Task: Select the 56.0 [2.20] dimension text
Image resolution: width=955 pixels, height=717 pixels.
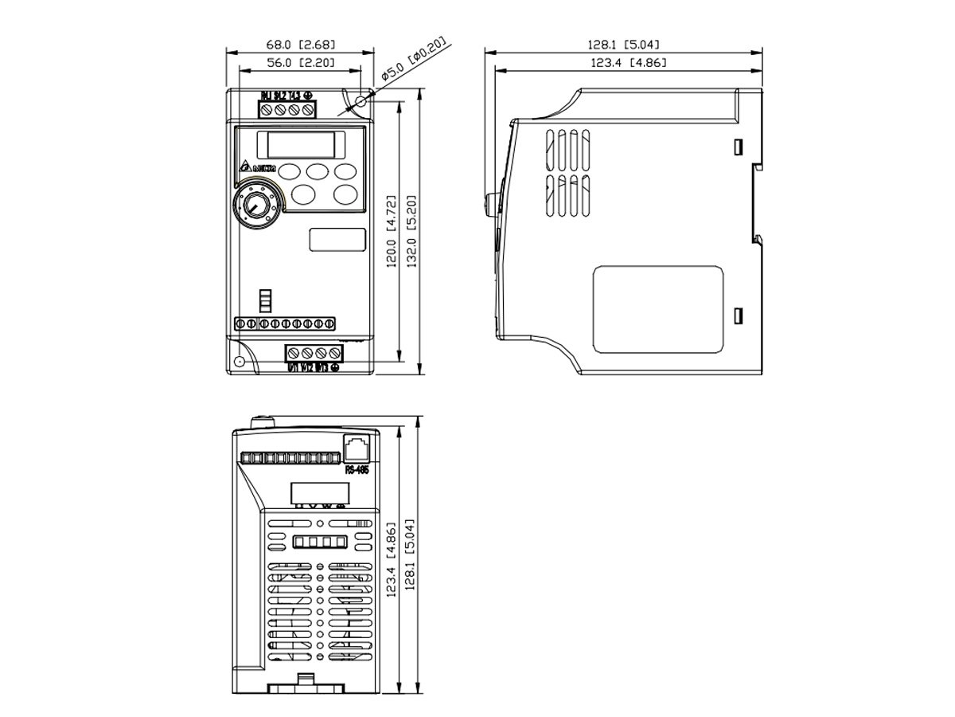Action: (300, 62)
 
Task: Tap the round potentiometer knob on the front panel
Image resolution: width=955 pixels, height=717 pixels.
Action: (255, 205)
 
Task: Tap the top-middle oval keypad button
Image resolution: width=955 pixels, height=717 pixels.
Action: (318, 170)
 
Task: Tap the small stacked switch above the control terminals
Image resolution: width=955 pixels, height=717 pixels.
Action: (265, 300)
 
